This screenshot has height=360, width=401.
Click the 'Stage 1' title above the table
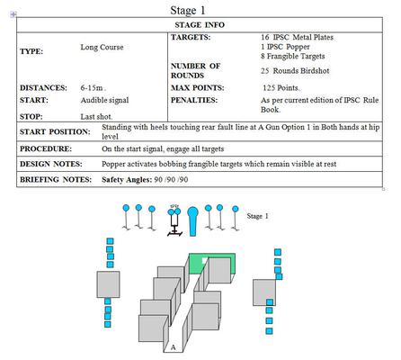[188, 10]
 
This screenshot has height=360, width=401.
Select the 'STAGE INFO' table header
[200, 25]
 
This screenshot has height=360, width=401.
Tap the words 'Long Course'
[102, 47]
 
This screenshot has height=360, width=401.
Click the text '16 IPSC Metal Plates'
[297, 37]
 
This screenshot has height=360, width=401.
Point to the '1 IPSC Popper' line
[285, 47]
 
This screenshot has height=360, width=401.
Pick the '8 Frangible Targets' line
[293, 56]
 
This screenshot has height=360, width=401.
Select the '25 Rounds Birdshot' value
[295, 71]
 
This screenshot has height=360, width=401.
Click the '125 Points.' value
[281, 88]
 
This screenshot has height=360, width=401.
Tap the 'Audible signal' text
[104, 100]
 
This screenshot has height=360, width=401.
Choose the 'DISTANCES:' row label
[43, 88]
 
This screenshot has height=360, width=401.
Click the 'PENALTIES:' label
[194, 100]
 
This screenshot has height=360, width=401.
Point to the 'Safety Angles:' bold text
[127, 180]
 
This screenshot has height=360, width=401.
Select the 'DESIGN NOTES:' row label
[51, 164]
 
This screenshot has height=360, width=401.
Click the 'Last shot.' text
[96, 117]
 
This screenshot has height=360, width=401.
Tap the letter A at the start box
[173, 347]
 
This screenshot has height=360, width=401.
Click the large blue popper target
[192, 220]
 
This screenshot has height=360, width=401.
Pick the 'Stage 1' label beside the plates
[257, 216]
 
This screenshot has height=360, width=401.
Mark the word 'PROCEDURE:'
[46, 148]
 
